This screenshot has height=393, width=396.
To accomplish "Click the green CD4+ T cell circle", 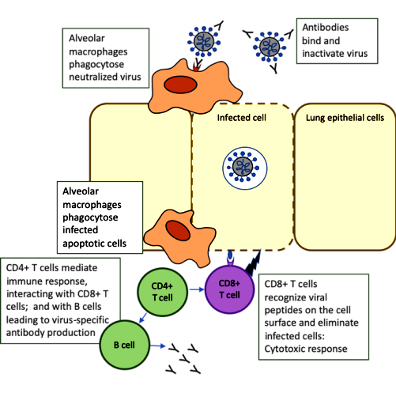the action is click(162, 292).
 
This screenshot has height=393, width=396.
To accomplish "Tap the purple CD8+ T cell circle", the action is click(229, 289).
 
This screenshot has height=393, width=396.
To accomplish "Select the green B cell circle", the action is click(125, 345).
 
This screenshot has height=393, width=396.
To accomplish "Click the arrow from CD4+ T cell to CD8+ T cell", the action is click(197, 289).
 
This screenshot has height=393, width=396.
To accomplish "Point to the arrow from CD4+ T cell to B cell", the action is click(143, 318).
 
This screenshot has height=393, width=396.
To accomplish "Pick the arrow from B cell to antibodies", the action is click(158, 346).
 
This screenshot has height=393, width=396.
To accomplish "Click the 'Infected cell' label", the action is click(242, 118).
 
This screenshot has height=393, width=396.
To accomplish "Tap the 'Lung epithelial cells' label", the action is click(345, 118).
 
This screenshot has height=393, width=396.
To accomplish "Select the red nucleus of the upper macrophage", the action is click(180, 85).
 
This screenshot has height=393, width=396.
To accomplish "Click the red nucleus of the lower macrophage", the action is click(178, 231).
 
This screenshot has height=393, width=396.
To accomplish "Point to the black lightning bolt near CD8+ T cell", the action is click(254, 263).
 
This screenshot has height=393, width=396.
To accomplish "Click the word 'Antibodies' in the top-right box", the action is click(326, 27).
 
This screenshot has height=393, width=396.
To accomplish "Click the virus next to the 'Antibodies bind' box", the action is click(270, 47).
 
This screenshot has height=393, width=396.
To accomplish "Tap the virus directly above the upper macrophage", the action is click(204, 41).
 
